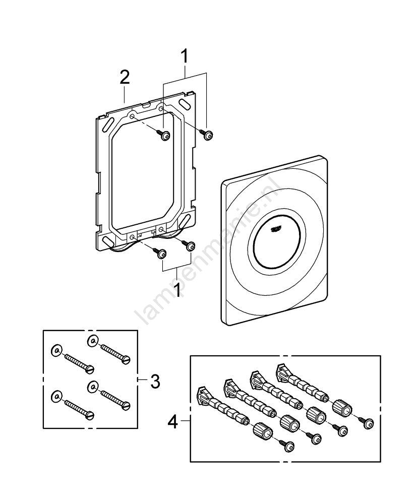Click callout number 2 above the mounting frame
point(125,78)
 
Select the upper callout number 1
point(185,56)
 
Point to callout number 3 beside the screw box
point(155,382)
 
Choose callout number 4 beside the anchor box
point(172,421)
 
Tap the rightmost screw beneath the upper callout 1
point(209,135)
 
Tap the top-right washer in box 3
point(92,339)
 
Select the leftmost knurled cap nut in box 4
point(262,431)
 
